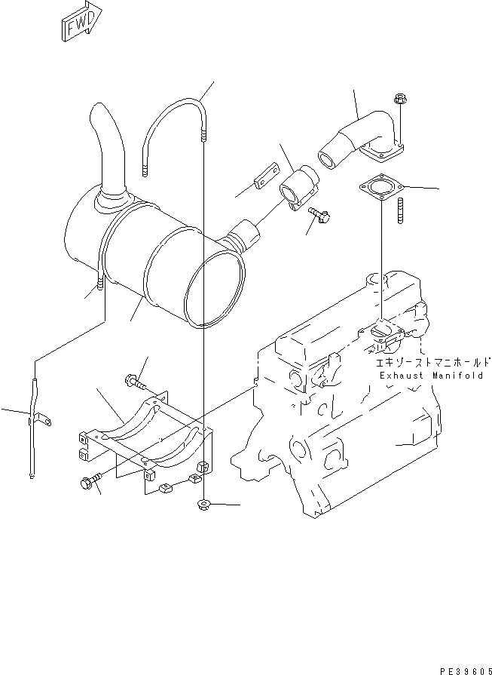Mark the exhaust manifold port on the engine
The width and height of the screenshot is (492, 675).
[x=384, y=332]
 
